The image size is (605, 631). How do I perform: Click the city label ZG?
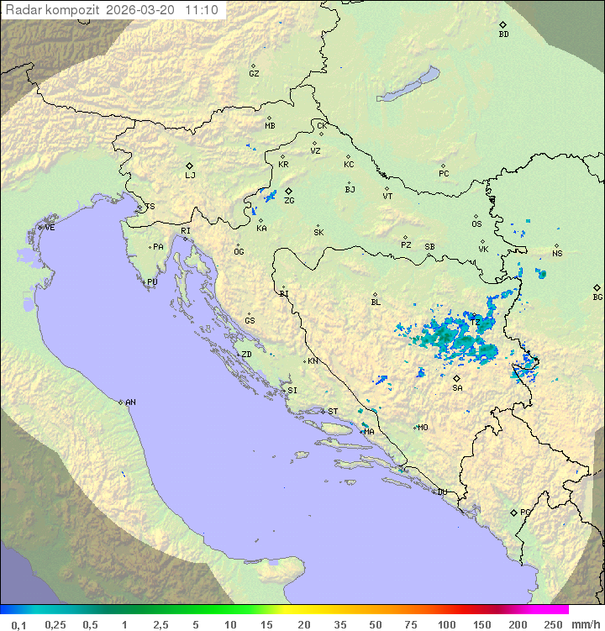click(x=289, y=201)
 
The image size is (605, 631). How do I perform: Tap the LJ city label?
click(x=190, y=176)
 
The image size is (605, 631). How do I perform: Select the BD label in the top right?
click(x=503, y=34)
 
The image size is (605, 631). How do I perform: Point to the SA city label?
click(x=457, y=388)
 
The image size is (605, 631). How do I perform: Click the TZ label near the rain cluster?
click(x=474, y=322)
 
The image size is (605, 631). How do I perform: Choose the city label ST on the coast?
click(x=333, y=412)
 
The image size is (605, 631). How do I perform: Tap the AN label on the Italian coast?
click(x=130, y=402)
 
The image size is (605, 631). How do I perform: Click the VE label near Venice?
click(x=50, y=228)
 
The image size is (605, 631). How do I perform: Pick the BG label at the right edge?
click(x=597, y=297)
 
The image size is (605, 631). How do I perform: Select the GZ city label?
click(x=254, y=74)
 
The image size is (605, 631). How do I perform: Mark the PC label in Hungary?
click(x=444, y=174)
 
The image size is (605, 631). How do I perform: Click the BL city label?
click(x=376, y=302)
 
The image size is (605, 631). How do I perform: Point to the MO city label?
click(x=423, y=428)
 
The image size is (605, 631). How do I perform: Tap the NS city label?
click(x=557, y=254)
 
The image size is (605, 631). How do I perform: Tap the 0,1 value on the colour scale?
click(x=18, y=624)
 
